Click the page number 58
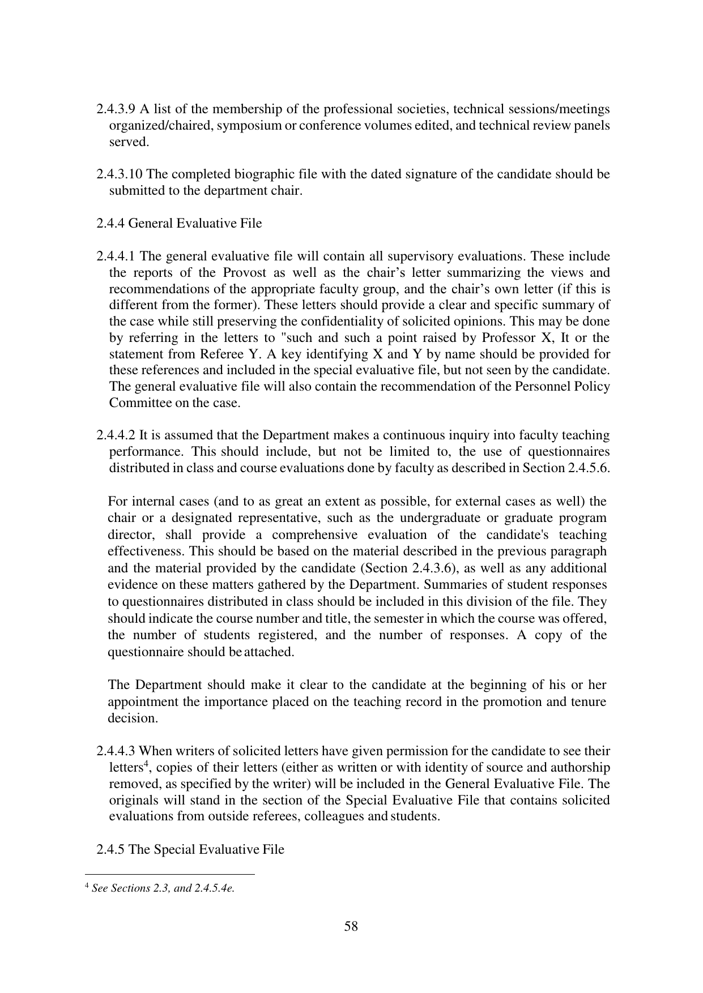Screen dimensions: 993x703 click(x=351, y=926)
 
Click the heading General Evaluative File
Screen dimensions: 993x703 click(x=195, y=224)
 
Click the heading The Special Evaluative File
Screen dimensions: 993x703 click(x=206, y=850)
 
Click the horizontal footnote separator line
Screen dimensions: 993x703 click(x=169, y=874)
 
